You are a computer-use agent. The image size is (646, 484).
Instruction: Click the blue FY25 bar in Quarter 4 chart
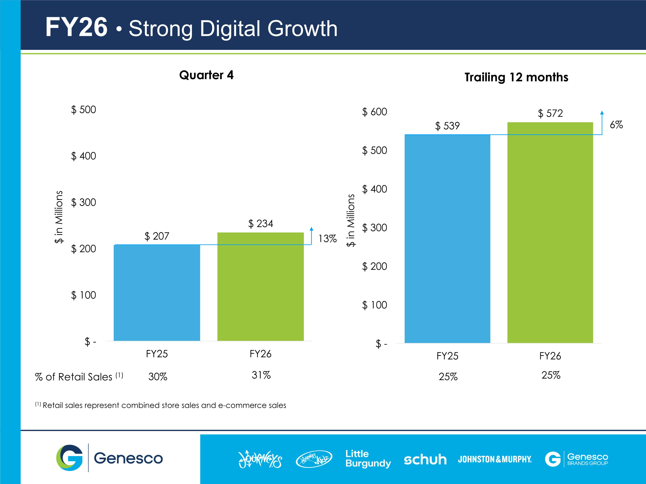pos(157,293)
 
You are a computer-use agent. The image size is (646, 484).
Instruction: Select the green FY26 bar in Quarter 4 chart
pos(261,287)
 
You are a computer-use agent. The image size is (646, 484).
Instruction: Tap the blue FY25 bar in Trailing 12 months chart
pos(447,239)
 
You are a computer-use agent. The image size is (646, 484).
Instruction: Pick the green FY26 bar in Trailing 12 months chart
pos(550,233)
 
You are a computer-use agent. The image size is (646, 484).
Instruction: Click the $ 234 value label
pos(261,224)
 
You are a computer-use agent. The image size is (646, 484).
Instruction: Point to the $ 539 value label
pos(447,126)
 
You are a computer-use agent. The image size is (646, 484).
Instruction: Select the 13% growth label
pos(327,239)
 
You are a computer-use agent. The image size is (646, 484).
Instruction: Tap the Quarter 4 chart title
pos(206,75)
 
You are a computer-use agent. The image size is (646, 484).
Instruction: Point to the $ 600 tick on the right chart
pos(374,112)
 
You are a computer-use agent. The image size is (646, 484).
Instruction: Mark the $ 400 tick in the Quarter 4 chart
pos(84,156)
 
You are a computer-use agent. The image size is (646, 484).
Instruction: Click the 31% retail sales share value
pos(261,375)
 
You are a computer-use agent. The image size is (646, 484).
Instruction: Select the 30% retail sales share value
pos(158,377)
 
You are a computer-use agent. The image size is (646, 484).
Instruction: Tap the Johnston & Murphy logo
pos(495,459)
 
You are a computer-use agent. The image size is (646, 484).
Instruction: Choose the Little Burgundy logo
pos(368,459)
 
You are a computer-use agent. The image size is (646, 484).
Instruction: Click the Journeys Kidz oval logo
pos(314,459)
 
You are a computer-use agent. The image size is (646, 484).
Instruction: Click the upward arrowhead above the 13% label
pos(312,229)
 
